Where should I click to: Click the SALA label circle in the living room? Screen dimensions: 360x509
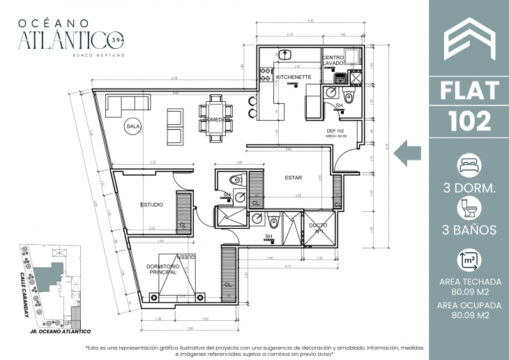point(131,126)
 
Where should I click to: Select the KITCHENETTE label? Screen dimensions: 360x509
point(294,77)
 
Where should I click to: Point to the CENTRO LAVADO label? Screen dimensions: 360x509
point(333,60)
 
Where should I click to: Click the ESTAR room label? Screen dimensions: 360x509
point(293,177)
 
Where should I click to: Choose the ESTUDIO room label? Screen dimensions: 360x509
point(151,204)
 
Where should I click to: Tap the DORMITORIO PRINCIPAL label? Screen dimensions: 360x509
point(165,269)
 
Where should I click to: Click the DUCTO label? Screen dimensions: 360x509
point(319,227)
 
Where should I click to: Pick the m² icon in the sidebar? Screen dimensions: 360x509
point(469,261)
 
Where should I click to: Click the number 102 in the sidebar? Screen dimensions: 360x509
point(469,121)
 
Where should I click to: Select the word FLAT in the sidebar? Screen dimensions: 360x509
point(469,91)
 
